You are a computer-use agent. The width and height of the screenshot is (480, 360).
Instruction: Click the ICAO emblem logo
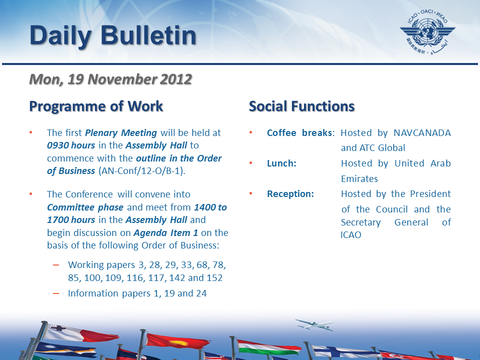click(427, 32)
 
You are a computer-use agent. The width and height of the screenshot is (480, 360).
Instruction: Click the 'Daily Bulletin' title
click(113, 36)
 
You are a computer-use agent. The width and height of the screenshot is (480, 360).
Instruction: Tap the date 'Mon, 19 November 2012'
click(110, 79)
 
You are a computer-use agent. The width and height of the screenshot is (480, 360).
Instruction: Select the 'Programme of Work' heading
click(96, 106)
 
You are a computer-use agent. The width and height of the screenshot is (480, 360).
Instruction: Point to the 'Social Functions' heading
click(301, 106)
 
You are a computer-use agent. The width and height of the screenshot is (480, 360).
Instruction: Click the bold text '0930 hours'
click(71, 145)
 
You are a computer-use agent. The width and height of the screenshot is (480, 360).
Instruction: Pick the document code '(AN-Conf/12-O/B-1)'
click(142, 171)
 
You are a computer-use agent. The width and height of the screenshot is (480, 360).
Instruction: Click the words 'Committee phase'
click(85, 207)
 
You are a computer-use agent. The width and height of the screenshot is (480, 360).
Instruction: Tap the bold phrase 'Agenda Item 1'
click(165, 233)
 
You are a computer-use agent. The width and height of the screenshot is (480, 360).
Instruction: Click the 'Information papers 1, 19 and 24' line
click(137, 293)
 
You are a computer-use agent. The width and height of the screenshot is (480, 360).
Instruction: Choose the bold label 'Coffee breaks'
click(299, 133)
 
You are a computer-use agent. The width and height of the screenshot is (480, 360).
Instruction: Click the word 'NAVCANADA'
click(422, 133)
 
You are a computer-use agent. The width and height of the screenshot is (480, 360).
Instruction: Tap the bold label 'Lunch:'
click(281, 163)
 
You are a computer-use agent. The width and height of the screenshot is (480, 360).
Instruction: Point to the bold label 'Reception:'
click(290, 194)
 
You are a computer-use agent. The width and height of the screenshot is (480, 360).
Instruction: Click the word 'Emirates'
click(359, 179)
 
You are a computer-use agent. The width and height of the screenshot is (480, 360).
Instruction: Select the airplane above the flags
click(314, 324)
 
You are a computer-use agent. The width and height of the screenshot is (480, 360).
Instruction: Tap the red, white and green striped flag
click(269, 348)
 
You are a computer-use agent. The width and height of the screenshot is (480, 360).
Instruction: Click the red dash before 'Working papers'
click(56, 265)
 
